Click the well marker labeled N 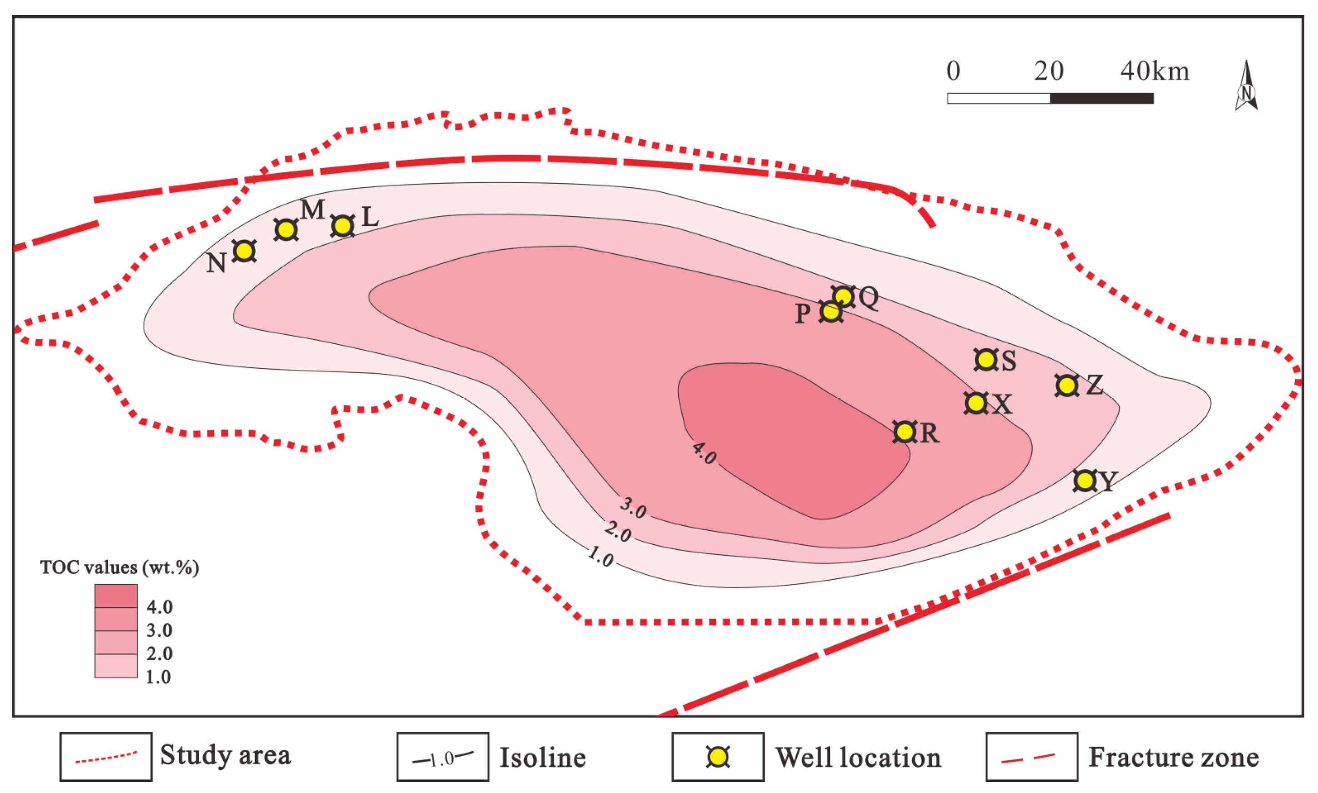point(244,251)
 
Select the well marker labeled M point(286,229)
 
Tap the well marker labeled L point(343,226)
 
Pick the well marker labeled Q point(843,296)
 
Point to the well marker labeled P point(831,311)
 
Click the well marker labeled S point(986,360)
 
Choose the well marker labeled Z point(1067,385)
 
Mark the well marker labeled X point(976,402)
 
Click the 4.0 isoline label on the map point(704,453)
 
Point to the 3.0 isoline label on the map point(633,507)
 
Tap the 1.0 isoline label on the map point(601,557)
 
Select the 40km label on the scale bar point(1155,71)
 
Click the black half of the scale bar point(1101,98)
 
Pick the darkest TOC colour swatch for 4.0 point(116,595)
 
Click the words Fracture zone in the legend point(1174,757)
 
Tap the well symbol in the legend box point(717,757)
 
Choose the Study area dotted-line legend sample point(106,757)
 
